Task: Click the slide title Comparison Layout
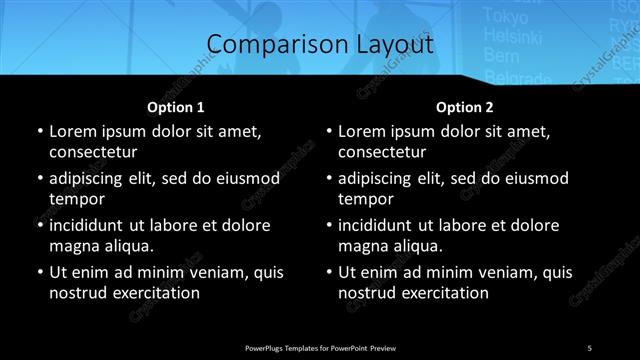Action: pos(320,45)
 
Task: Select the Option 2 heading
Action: pos(465,106)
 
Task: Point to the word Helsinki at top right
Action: pos(509,35)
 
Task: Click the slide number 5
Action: pos(589,346)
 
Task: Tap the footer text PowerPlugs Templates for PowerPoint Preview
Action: pos(320,346)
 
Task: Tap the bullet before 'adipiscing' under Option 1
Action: pos(39,178)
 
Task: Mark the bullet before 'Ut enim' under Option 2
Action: pos(329,272)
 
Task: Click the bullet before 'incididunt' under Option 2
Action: pos(329,225)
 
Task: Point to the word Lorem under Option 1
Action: pos(71,131)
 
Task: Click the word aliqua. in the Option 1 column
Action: pos(124,245)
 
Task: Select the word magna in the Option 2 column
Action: pos(361,245)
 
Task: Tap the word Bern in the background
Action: pos(500,57)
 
